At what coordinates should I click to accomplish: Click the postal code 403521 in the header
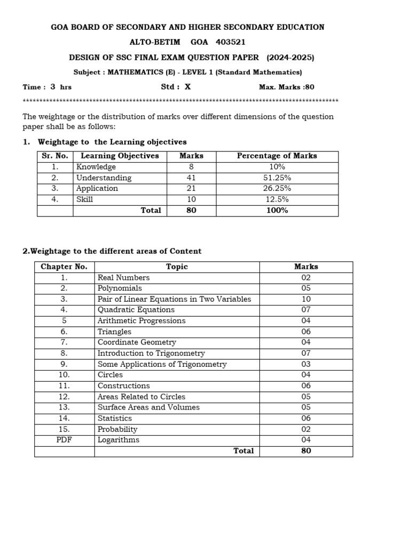coord(231,42)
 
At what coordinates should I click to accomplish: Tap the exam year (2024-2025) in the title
coord(290,58)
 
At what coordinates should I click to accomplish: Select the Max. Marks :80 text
coord(286,87)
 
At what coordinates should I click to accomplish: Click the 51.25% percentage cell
coord(277,178)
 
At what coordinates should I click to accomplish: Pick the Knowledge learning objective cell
coord(96,167)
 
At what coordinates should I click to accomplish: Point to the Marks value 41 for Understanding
coord(191,178)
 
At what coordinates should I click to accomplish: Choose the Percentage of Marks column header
coord(277,156)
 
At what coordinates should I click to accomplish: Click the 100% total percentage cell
coord(277,211)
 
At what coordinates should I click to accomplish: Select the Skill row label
coord(84,199)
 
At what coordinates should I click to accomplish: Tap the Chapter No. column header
coord(64,267)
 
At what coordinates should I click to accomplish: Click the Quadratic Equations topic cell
coord(136,310)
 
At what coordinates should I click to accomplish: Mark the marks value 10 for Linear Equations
coord(305,299)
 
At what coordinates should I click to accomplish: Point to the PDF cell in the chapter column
coord(64,440)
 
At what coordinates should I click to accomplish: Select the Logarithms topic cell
coord(118,440)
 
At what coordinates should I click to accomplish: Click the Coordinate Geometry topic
coord(136,342)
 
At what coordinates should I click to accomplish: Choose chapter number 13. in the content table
coord(64,407)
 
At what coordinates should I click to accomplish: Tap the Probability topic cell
coord(117,429)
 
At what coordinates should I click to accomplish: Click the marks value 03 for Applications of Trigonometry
coord(305,364)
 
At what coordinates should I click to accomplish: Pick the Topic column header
coord(177,267)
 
